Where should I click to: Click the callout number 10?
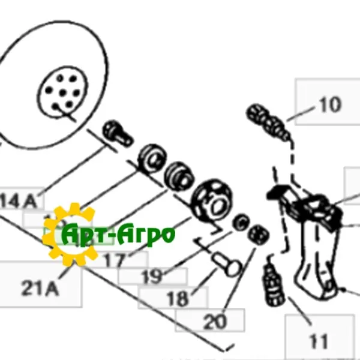pyautogui.click(x=329, y=105)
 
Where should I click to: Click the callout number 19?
pyautogui.click(x=152, y=277)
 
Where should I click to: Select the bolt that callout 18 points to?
pyautogui.click(x=226, y=263)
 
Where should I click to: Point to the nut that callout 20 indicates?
pyautogui.click(x=258, y=233)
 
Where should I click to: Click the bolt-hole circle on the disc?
pyautogui.click(x=64, y=91)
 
